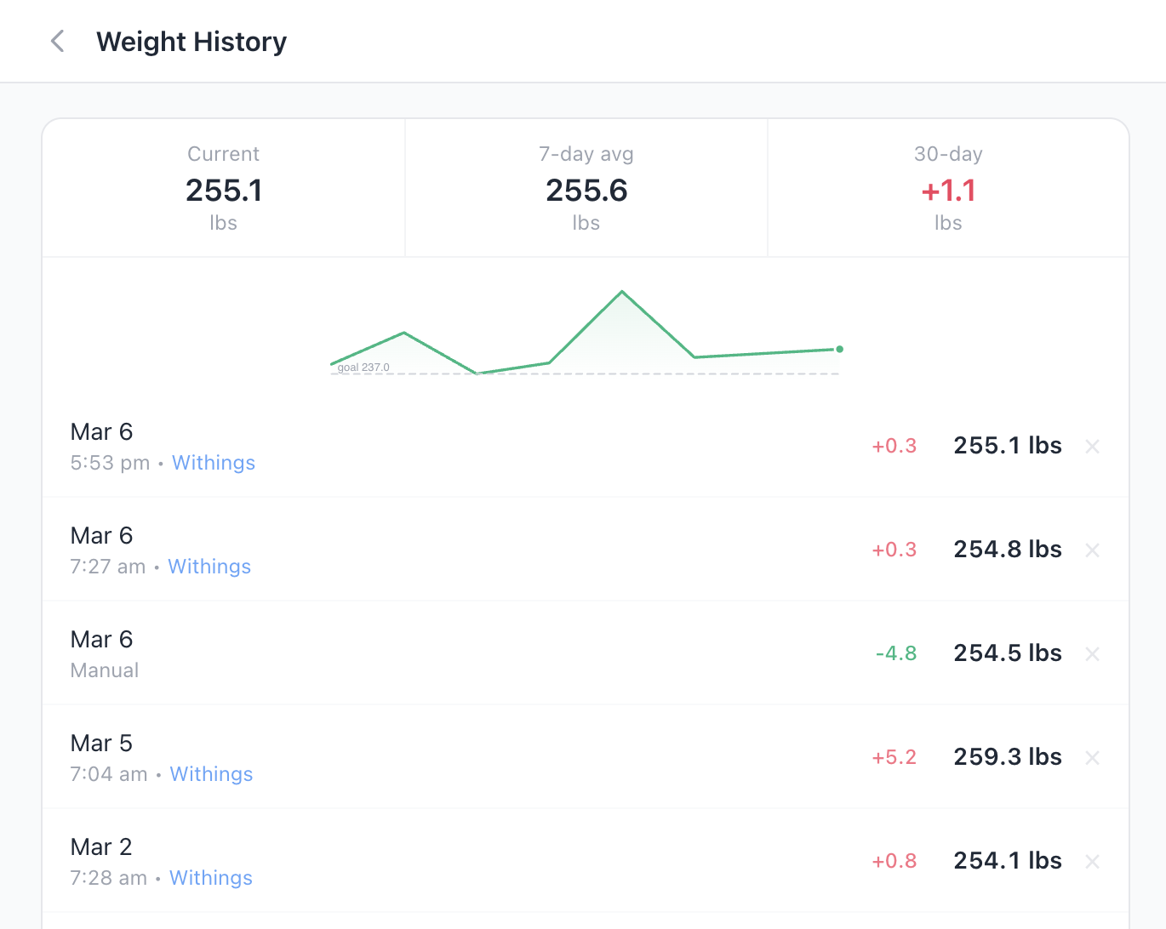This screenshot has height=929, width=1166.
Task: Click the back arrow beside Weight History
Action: [58, 41]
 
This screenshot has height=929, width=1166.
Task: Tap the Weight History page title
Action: [191, 42]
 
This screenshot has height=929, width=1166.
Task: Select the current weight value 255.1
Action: [224, 191]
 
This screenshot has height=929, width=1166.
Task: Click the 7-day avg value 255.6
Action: [586, 191]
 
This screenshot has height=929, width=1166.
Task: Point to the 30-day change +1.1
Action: [948, 191]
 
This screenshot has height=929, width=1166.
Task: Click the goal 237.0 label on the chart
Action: [363, 368]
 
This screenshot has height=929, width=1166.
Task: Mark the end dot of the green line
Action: [840, 349]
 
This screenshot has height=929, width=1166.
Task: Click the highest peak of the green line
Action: [622, 292]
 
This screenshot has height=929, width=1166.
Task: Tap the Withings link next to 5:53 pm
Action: [214, 463]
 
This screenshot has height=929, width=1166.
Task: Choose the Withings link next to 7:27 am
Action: [209, 567]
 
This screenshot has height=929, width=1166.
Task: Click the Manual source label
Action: [105, 670]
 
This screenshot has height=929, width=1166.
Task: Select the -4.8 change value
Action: [896, 653]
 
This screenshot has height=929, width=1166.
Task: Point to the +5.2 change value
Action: [895, 757]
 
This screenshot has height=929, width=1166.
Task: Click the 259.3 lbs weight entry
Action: [1008, 757]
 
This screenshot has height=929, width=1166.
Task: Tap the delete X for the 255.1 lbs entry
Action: [1093, 447]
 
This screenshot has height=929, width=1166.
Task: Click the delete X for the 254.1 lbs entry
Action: [1093, 862]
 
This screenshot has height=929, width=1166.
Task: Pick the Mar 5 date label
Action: [101, 744]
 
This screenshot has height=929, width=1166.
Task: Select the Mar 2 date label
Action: [101, 847]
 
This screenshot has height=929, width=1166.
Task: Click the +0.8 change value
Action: [895, 861]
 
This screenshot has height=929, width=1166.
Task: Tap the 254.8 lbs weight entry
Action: [1008, 550]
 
